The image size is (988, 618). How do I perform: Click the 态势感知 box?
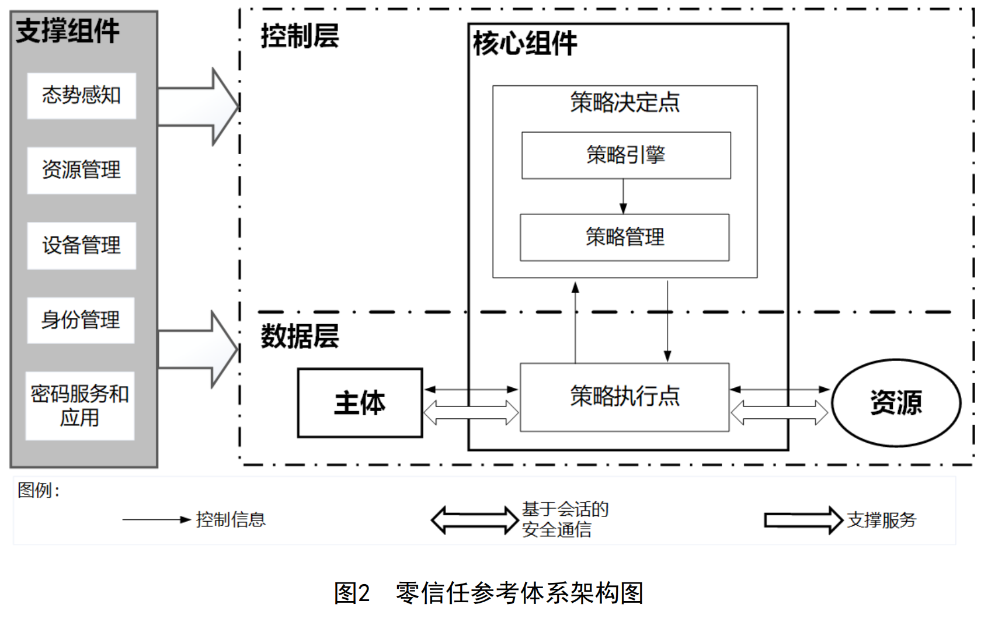[81, 95]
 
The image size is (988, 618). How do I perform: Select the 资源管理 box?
[81, 170]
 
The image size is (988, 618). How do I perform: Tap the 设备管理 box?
[81, 245]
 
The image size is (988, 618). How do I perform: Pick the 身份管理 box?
[81, 320]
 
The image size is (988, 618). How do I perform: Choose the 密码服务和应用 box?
[80, 405]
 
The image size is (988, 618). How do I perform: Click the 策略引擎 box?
[626, 155]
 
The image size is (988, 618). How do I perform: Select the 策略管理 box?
[625, 237]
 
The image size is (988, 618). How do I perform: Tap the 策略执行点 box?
[625, 397]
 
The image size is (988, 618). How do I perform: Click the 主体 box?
[360, 403]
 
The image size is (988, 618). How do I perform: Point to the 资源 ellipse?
[896, 402]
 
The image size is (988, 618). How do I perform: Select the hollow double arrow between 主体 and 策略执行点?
[471, 412]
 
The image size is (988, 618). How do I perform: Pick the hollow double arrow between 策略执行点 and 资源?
[779, 412]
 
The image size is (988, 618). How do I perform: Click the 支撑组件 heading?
[68, 31]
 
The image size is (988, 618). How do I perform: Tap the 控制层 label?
[300, 36]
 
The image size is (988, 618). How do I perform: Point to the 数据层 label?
[300, 336]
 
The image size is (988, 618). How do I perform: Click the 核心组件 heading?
[525, 44]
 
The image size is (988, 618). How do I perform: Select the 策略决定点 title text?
[625, 103]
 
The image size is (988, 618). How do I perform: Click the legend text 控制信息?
[231, 519]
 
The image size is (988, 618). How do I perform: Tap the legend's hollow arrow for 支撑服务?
[803, 520]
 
